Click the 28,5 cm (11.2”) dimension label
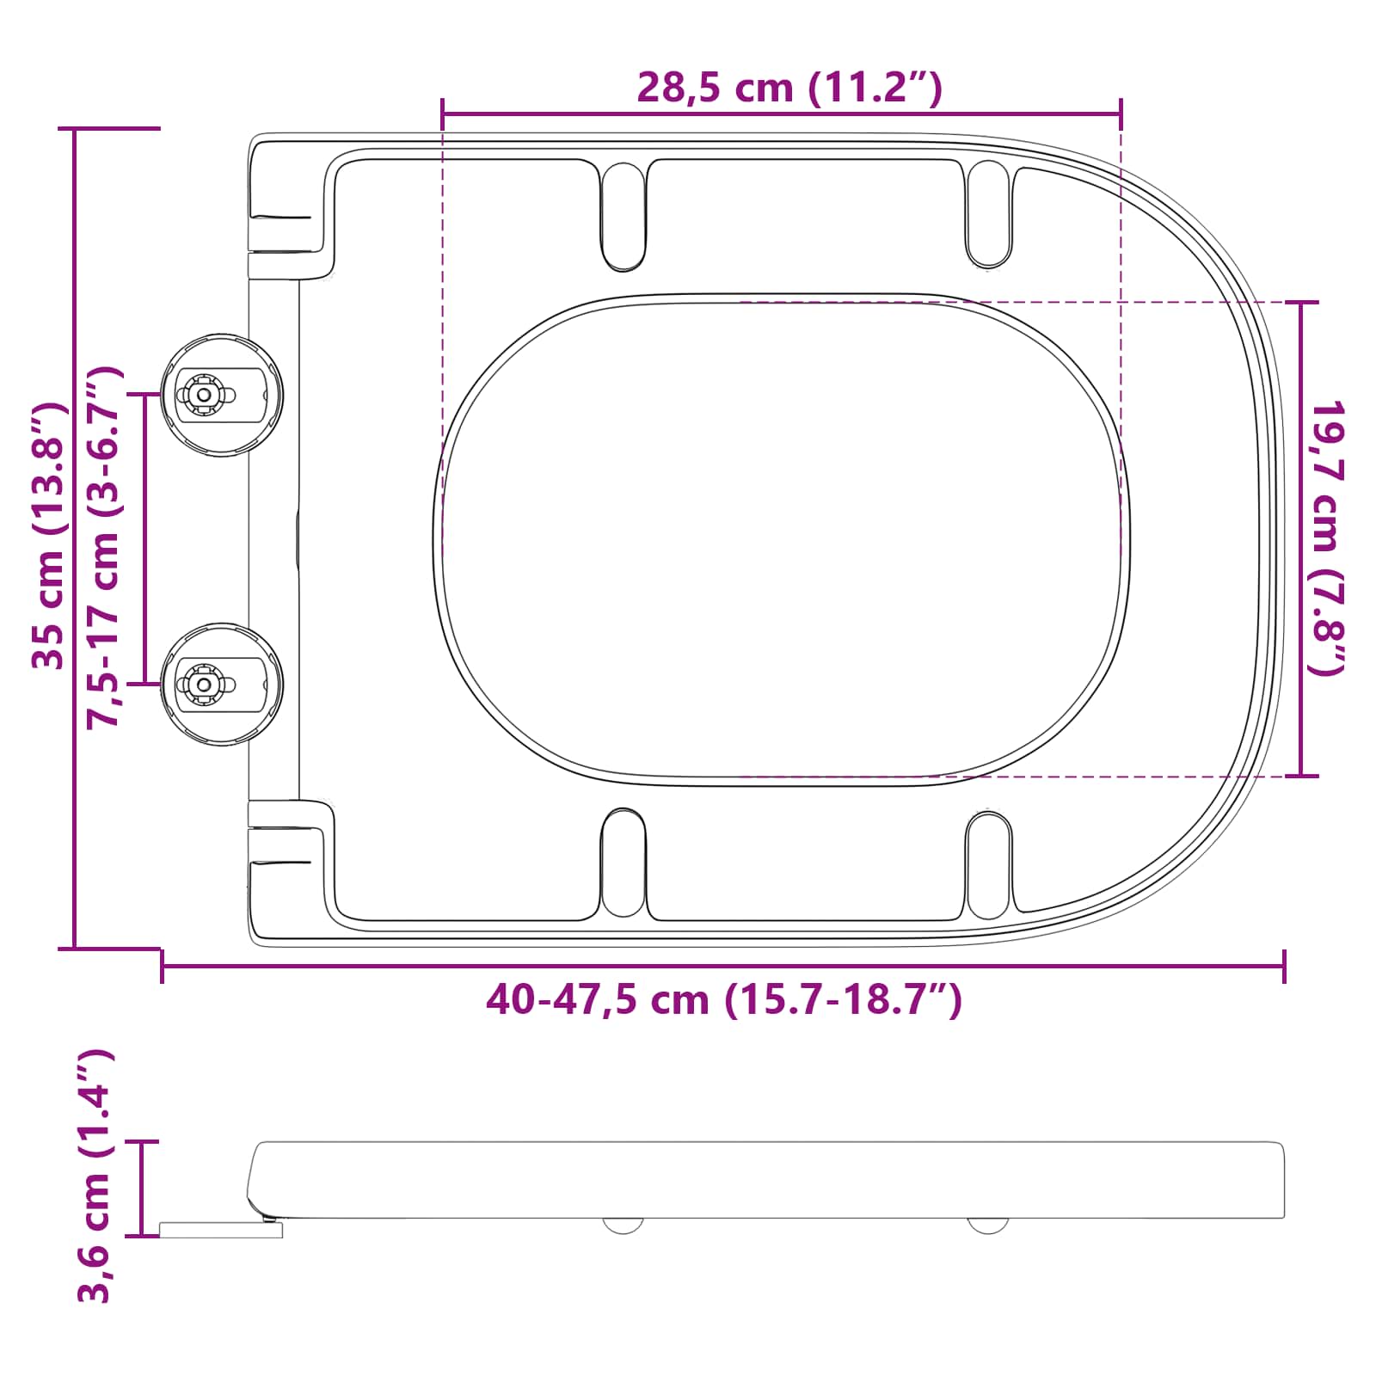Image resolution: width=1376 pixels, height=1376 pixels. [x=789, y=88]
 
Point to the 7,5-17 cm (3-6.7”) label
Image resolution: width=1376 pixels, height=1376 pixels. [x=106, y=547]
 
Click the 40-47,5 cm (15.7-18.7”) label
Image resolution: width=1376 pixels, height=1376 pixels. [x=723, y=1000]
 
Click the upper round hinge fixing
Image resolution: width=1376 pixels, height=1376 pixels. [x=222, y=395]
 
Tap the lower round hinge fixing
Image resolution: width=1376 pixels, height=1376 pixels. [x=222, y=685]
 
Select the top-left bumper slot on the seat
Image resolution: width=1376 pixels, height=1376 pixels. [x=623, y=216]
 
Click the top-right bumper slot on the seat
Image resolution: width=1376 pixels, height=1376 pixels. [x=988, y=214]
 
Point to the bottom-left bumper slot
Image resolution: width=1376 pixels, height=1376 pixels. [x=623, y=863]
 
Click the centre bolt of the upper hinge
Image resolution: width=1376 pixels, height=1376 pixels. [x=204, y=395]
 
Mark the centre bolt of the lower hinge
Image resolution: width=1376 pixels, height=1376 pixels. [x=204, y=685]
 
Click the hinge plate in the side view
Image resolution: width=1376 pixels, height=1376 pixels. [x=221, y=1231]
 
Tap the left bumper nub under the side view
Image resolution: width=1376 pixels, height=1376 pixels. [x=623, y=1225]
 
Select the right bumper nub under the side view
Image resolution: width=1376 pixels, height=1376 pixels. [x=988, y=1225]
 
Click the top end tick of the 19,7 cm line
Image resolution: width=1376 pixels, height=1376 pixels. [x=1300, y=302]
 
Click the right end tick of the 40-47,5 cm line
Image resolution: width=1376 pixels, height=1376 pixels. [x=1284, y=966]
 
